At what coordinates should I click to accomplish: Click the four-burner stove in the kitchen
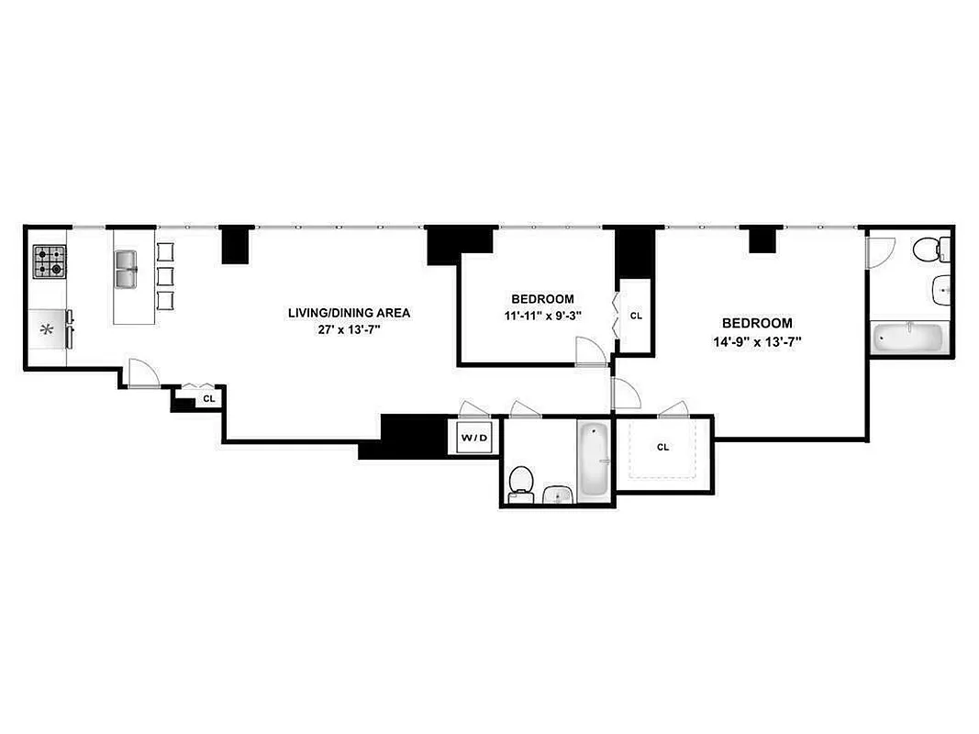coord(50,262)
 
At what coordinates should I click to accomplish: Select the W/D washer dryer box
coord(474,438)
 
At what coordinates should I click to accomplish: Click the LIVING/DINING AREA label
coord(349,313)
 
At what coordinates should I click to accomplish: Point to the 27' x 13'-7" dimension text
coord(349,329)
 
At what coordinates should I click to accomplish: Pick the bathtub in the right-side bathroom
coord(907,337)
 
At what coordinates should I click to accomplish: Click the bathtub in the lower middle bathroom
coord(594,460)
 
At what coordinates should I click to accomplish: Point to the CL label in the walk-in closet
coord(663,448)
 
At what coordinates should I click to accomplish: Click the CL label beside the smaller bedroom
coord(636,316)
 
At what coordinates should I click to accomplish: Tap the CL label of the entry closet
coord(208,399)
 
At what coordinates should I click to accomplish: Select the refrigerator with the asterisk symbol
coord(49,329)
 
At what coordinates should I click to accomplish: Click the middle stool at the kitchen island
coord(165,276)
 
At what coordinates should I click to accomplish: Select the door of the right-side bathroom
coord(881,252)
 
